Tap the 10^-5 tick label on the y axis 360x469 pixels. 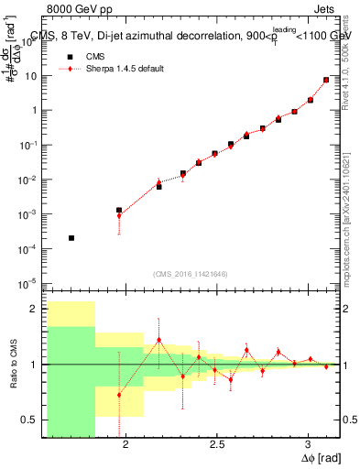pyautogui.click(x=29, y=283)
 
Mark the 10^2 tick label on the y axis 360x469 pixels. pyautogui.click(x=29, y=41)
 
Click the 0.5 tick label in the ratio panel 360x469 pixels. pyautogui.click(x=29, y=420)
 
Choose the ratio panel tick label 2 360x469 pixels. pyautogui.click(x=35, y=310)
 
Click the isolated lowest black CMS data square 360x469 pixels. pyautogui.click(x=71, y=238)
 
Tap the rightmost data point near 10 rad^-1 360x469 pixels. pyautogui.click(x=326, y=81)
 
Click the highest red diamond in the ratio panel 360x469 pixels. pyautogui.click(x=159, y=340)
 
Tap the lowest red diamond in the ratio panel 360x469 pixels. pyautogui.click(x=119, y=395)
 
